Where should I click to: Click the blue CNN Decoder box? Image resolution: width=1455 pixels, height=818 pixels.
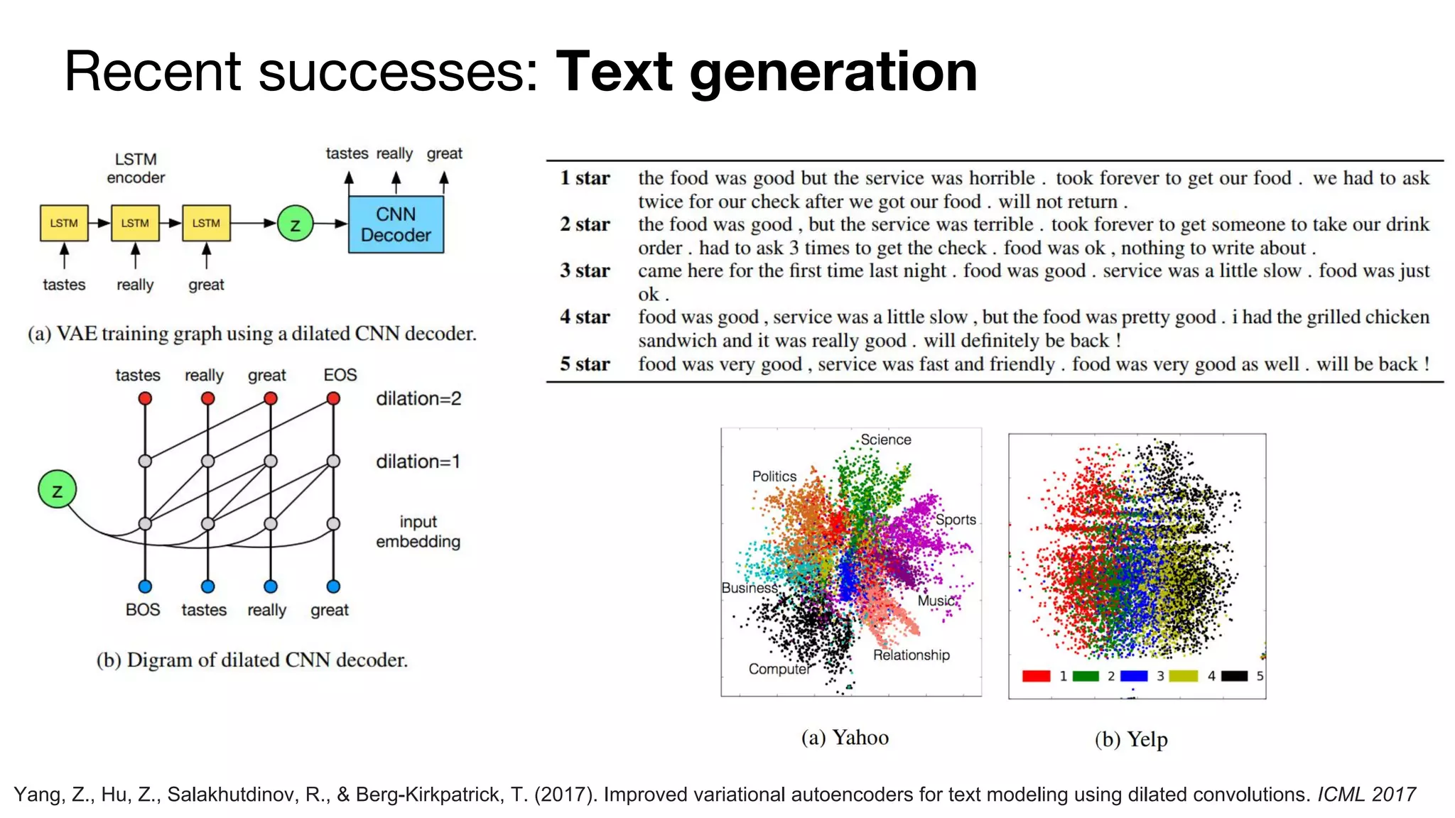coord(396,224)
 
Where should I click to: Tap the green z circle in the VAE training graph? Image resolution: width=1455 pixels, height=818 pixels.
coord(295,224)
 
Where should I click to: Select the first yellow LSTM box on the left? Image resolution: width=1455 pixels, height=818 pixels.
coord(64,223)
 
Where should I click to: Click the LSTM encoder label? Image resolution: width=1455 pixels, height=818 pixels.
coord(136,168)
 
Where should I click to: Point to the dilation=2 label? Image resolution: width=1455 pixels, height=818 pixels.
coord(418,398)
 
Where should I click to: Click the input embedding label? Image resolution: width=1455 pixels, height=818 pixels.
coord(418,532)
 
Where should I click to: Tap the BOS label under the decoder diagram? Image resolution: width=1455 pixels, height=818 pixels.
coord(143,610)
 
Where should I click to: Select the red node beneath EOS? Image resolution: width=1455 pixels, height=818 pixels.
coord(333,399)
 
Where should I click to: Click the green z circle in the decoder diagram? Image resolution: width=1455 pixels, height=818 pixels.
coord(57,490)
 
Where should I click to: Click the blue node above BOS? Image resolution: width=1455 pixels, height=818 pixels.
coord(145,587)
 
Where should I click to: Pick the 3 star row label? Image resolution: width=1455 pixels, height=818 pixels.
coord(585,271)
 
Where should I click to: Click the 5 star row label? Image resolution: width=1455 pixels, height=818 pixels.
coord(585,364)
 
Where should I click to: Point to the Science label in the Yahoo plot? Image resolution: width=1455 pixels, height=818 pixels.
coord(885,440)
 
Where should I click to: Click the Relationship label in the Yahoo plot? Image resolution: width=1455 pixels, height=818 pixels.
coord(911,655)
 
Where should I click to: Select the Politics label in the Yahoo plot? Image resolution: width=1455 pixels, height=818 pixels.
coord(774,476)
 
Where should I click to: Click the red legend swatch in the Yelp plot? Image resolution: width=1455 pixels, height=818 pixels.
coord(1037,676)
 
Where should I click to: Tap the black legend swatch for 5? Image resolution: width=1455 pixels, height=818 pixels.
coord(1234,676)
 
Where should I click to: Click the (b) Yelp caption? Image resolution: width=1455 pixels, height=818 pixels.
coord(1131,739)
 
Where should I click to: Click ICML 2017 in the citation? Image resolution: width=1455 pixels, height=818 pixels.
coord(1366,795)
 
